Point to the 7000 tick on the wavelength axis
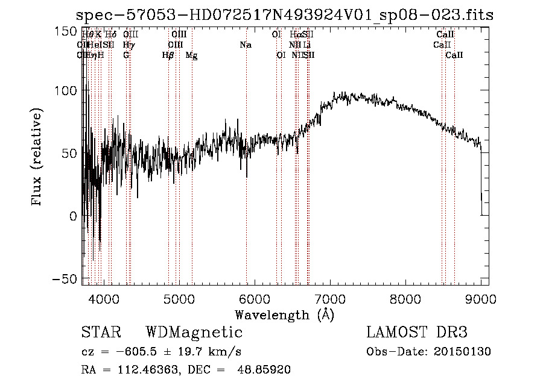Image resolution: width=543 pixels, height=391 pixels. coord(330,285)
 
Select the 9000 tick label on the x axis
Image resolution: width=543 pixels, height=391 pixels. coord(481,298)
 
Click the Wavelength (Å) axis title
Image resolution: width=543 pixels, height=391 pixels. coord(284,314)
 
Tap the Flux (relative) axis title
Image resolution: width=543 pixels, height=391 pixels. coord(37,158)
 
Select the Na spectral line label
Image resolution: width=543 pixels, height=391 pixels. coord(245,45)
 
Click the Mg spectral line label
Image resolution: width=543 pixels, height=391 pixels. coord(191,55)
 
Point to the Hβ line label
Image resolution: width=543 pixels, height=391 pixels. coord(168,55)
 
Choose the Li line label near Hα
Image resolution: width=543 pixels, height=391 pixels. coord(308,45)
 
